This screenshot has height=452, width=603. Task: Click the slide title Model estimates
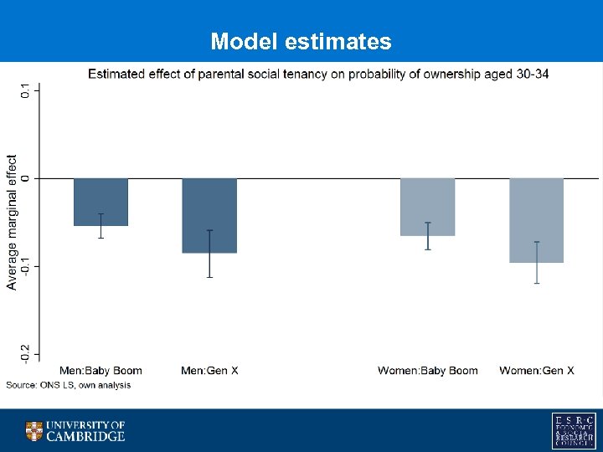tap(301, 41)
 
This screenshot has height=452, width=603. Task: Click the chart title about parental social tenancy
tap(319, 74)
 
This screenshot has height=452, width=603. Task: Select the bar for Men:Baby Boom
tap(101, 202)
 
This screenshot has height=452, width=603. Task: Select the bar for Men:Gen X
tap(209, 215)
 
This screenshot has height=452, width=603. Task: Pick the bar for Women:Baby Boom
tap(427, 207)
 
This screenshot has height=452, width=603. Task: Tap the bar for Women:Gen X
tap(536, 220)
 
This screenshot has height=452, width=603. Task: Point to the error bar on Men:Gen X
tap(209, 254)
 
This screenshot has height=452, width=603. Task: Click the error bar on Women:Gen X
tap(536, 263)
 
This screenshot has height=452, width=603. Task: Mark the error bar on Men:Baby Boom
tap(101, 226)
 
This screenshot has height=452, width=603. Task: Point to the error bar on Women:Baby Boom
tap(427, 236)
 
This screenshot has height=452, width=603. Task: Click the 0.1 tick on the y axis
tap(24, 90)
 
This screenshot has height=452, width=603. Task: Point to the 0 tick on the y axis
tap(24, 178)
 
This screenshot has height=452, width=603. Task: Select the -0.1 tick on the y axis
tap(24, 266)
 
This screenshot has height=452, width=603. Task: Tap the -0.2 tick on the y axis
tap(24, 353)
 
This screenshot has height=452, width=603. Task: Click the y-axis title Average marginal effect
tap(12, 222)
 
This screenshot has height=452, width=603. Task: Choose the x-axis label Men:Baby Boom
tap(100, 371)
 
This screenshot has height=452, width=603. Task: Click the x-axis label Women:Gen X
tap(536, 371)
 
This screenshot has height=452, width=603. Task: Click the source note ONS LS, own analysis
tap(69, 385)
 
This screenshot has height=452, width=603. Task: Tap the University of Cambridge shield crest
tap(33, 431)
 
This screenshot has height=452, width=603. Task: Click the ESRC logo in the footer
tap(574, 430)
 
